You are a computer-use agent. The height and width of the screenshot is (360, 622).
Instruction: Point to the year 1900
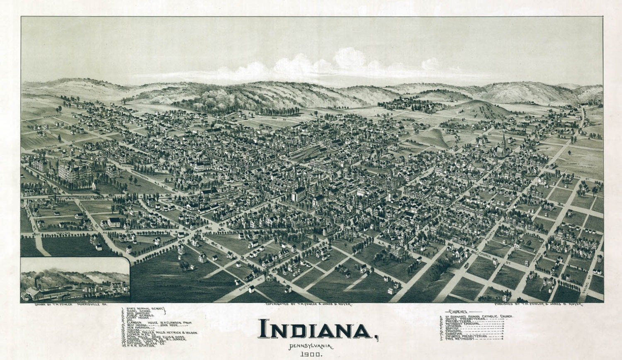pyautogui.click(x=310, y=355)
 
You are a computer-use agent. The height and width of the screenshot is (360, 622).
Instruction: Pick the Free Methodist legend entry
pyautogui.click(x=460, y=340)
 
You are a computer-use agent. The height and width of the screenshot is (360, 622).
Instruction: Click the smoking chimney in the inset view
pyautogui.click(x=36, y=282)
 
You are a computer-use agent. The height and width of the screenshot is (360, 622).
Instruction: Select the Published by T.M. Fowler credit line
pyautogui.click(x=539, y=304)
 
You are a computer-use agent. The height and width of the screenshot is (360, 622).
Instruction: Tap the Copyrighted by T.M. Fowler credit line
pyautogui.click(x=309, y=304)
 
